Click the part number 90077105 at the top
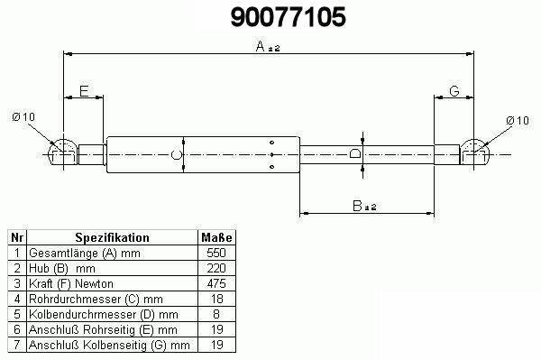tap(289, 17)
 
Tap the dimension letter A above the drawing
tap(261, 46)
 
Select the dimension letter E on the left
tap(84, 91)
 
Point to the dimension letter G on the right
tap(454, 91)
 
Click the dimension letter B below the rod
tap(357, 206)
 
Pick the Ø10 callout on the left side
tap(23, 117)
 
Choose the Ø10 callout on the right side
tap(518, 121)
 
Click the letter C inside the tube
tap(176, 154)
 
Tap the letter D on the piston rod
tap(355, 152)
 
